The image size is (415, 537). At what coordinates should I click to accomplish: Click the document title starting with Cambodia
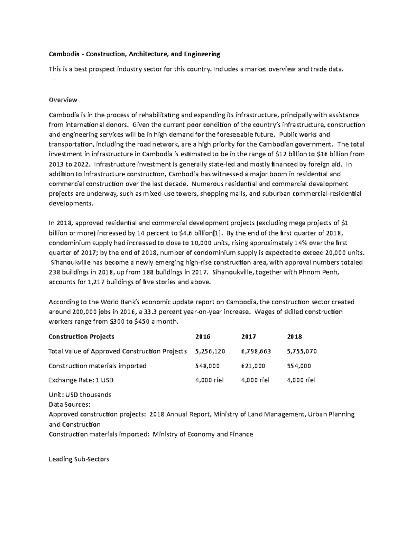tap(134, 54)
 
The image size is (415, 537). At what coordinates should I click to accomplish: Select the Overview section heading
tap(63, 100)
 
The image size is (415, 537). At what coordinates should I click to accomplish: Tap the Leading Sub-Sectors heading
tap(79, 459)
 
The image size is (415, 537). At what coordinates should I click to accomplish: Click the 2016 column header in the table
tap(203, 336)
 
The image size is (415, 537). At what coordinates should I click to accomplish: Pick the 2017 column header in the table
tap(249, 336)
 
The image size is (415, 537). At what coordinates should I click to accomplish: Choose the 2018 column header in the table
tap(295, 336)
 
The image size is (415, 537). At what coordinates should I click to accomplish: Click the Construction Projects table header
tap(81, 336)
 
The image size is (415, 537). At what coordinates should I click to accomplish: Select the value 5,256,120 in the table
tap(210, 351)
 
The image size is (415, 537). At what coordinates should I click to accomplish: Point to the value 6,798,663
tap(256, 351)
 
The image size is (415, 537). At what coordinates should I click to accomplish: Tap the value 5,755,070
tap(302, 351)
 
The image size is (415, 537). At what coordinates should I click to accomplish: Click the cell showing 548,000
tap(207, 366)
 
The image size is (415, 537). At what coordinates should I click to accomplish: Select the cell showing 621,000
tap(253, 366)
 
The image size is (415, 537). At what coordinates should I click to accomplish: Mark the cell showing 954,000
tap(299, 366)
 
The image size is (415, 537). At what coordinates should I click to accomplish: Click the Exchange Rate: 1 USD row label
tap(81, 380)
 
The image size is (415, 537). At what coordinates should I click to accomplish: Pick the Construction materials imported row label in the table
tap(98, 366)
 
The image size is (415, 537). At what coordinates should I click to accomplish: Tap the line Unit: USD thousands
tap(80, 395)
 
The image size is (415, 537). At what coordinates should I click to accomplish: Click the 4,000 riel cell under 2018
tap(301, 380)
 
